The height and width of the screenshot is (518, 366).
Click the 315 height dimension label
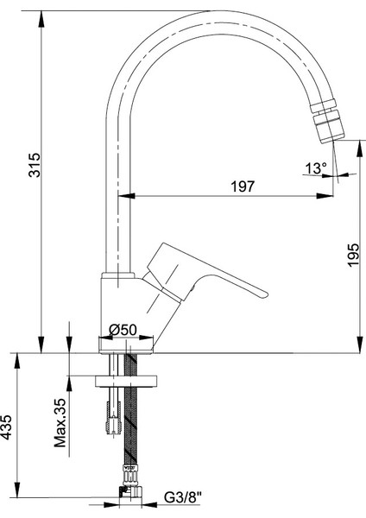[x=35, y=165]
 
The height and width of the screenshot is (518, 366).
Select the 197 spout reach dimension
[x=243, y=186]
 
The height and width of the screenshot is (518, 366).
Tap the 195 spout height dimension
[x=353, y=255]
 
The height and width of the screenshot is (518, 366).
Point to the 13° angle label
[x=315, y=168]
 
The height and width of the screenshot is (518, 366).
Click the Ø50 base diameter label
[x=123, y=330]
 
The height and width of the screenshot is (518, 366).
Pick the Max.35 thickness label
[x=60, y=423]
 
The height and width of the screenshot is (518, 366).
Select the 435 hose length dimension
[x=7, y=426]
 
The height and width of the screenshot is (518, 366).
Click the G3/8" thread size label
[x=183, y=497]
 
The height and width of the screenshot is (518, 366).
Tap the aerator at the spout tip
[x=327, y=123]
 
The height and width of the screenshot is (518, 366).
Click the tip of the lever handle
[x=266, y=294]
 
